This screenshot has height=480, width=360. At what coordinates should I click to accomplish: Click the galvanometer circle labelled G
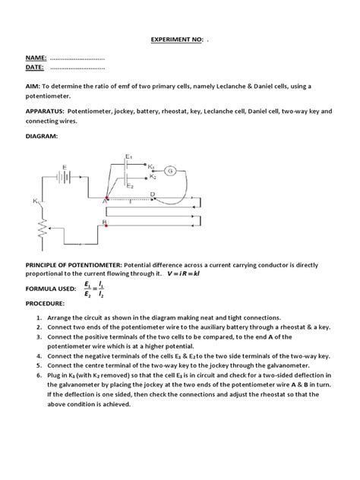coord(169,171)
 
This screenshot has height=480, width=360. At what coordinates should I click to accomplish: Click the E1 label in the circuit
coord(130,156)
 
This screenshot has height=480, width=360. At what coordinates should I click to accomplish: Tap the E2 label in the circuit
coord(131,185)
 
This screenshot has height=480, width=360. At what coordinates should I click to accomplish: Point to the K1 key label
coord(152,166)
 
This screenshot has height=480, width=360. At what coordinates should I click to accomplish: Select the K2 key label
coord(153,176)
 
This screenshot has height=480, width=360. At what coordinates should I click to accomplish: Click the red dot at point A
coord(106,201)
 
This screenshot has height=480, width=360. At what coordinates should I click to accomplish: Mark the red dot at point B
coord(106,226)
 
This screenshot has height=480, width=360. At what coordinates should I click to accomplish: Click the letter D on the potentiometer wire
coord(153,195)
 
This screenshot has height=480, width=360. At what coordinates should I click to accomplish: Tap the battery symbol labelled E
coord(67,175)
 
